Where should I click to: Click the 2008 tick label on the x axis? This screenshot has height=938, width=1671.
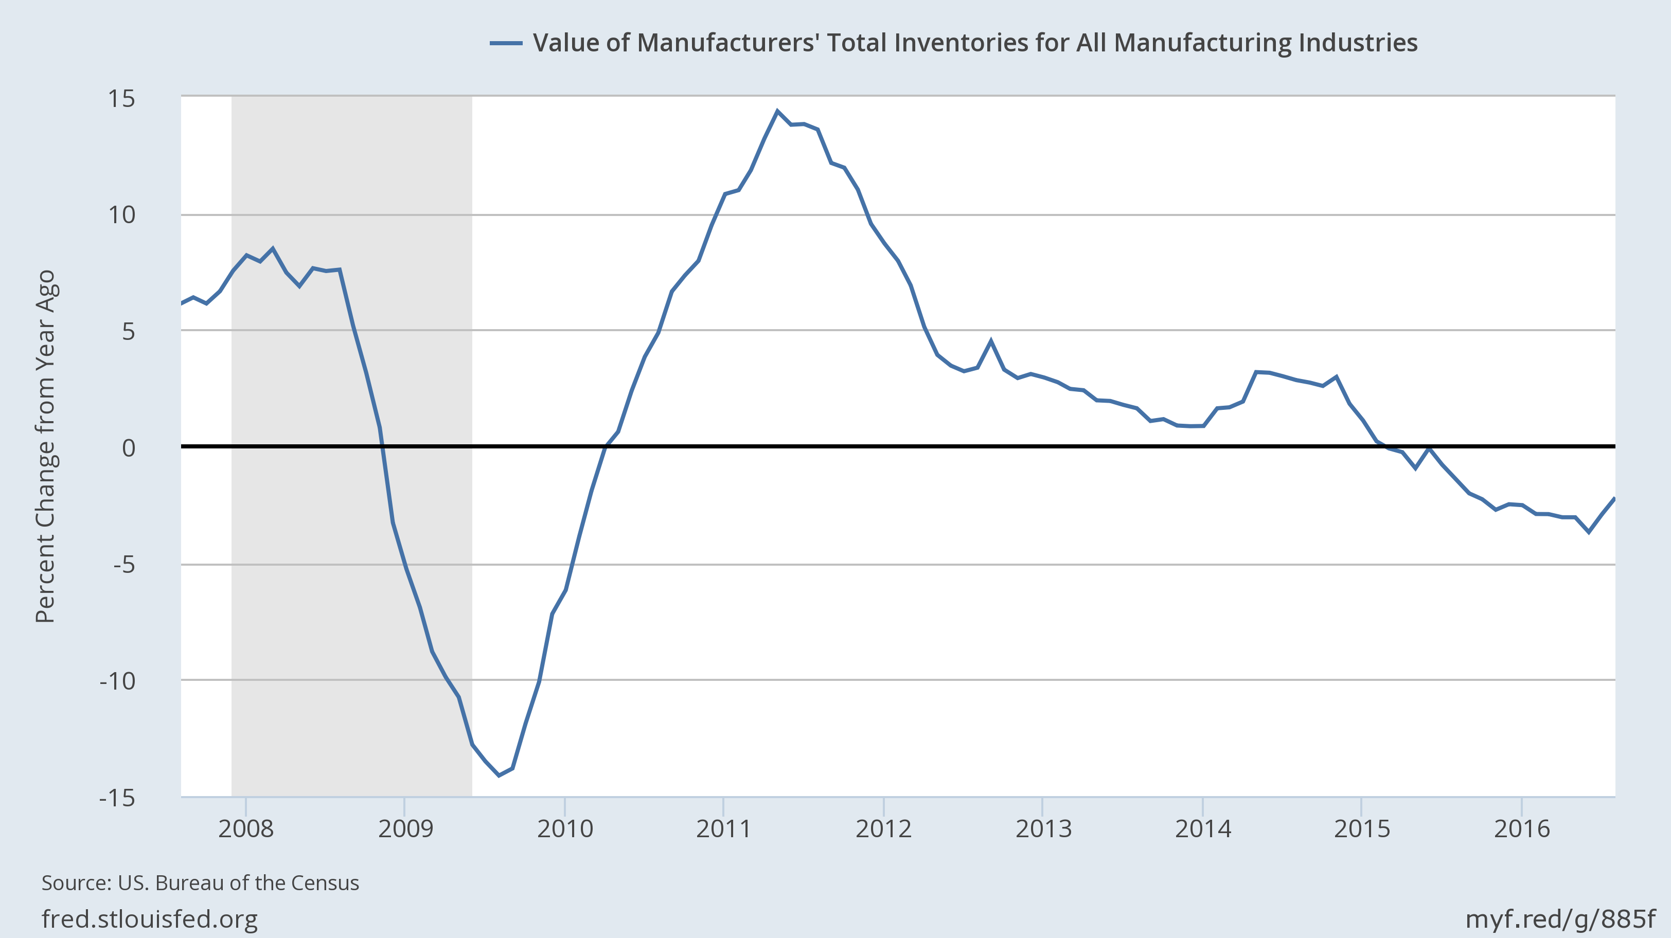246,828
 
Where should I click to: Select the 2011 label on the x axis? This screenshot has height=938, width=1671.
723,828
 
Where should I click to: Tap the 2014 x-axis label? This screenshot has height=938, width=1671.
1203,828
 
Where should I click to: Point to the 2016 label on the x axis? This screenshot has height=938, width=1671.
1522,828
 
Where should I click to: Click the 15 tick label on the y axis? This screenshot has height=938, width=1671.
121,99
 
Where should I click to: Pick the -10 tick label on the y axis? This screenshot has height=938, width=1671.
117,681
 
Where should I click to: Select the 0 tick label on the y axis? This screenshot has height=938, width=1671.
129,447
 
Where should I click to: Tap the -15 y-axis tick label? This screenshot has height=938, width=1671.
117,797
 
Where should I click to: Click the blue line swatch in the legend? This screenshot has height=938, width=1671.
506,43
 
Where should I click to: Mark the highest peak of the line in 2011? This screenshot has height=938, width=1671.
777,111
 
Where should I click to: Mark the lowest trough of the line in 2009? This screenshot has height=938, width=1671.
499,775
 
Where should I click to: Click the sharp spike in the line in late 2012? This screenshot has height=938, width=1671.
990,340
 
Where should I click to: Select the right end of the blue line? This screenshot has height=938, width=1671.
1614,498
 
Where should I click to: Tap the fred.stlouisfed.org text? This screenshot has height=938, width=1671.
150,918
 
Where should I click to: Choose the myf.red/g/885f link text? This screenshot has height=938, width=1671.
1560,918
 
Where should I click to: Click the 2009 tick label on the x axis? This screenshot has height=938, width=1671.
405,828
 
